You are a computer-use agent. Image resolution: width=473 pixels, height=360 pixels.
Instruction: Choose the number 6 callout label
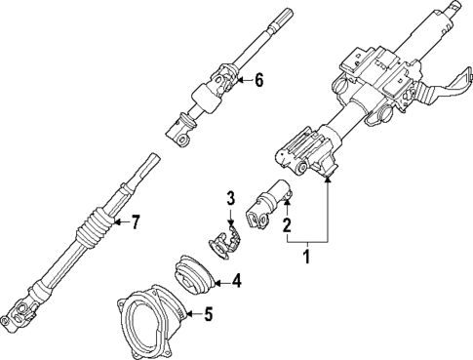(x=258, y=80)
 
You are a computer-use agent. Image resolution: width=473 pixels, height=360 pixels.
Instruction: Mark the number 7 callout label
(x=136, y=222)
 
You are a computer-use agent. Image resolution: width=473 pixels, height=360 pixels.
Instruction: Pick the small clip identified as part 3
(x=226, y=242)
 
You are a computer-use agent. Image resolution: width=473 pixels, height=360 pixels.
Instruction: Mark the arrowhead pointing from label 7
(x=113, y=223)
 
